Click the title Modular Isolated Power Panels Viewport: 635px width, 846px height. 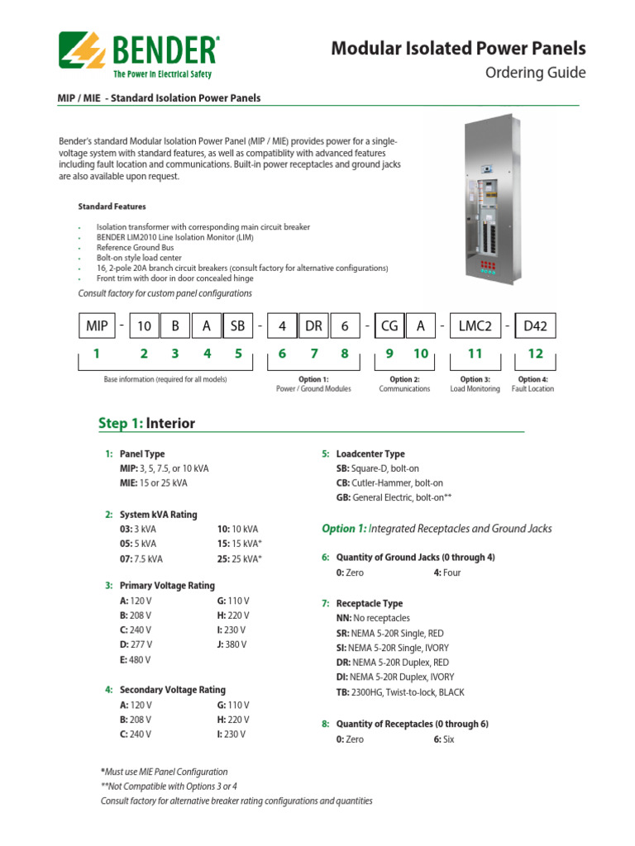[458, 49]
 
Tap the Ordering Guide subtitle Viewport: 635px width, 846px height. [534, 73]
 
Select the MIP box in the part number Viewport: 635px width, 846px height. [97, 326]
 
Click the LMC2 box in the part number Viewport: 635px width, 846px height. [475, 326]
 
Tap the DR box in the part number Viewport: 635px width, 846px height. [313, 326]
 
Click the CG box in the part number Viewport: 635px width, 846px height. [389, 326]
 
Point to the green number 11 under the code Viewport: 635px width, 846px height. [475, 354]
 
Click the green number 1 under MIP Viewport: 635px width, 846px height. [96, 354]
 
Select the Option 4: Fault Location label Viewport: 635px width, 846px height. [533, 384]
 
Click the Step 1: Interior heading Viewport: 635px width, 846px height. [146, 424]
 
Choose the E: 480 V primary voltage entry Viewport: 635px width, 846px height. [136, 659]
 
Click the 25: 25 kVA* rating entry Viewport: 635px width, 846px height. [239, 558]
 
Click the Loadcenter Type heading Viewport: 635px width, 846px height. [370, 454]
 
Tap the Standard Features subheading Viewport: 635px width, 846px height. [112, 206]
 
